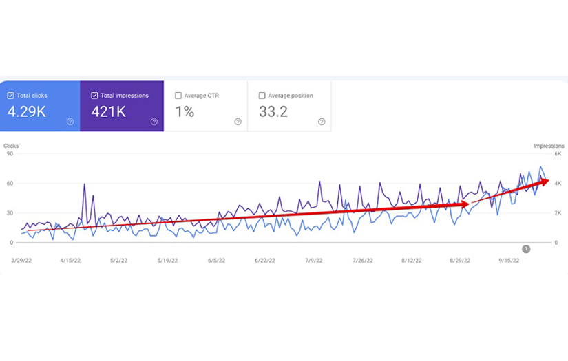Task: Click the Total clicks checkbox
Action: [10, 96]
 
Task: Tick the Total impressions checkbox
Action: [94, 96]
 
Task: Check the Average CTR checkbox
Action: [178, 96]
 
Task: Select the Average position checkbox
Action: [262, 96]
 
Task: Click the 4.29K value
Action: [27, 111]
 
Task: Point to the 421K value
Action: [108, 111]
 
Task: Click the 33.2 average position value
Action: [273, 111]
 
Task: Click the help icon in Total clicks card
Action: [70, 122]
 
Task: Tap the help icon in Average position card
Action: [322, 122]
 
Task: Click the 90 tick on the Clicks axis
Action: [10, 154]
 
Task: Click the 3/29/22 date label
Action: [22, 261]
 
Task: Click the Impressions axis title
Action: [549, 146]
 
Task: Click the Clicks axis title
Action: [11, 146]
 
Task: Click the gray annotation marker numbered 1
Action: [526, 249]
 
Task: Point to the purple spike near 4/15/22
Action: [84, 184]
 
